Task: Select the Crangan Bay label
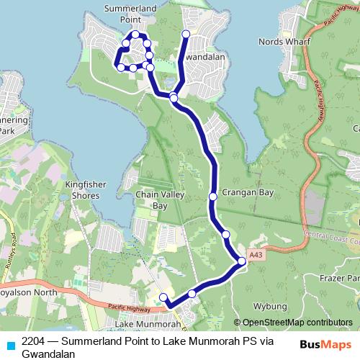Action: [x=248, y=193]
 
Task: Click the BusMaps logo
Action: [x=323, y=343]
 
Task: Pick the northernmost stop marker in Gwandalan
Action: [x=186, y=34]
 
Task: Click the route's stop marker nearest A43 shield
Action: [x=242, y=262]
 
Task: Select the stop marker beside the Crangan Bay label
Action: [x=213, y=196]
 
